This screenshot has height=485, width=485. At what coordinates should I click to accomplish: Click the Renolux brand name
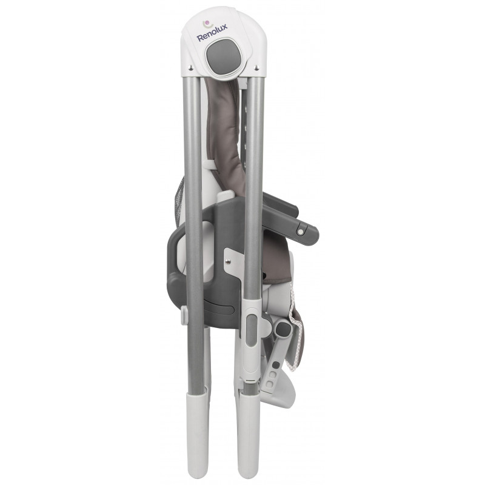212,33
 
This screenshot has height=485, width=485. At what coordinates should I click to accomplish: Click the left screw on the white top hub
191,67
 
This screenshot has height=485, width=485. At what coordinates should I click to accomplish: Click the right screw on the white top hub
256,67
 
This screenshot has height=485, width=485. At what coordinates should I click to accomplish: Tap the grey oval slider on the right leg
252,330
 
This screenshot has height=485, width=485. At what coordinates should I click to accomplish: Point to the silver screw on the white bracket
229,262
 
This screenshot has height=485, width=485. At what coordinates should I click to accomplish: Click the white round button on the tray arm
299,232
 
